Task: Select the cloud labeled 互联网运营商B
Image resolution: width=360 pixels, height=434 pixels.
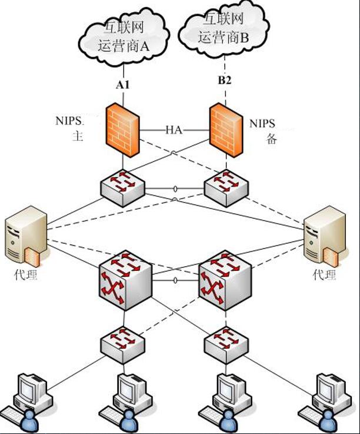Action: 224,29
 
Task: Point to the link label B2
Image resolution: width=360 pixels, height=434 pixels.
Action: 225,81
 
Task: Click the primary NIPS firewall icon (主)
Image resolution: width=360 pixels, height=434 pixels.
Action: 123,130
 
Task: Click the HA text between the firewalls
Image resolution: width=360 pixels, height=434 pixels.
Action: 174,130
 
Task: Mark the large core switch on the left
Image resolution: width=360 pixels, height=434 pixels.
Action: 125,279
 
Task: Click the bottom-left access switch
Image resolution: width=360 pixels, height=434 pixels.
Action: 124,344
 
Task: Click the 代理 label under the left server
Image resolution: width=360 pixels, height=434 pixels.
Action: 25,274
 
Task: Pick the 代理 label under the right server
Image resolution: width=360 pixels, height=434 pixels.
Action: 324,275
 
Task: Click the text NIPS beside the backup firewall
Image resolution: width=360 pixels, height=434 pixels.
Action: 262,124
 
